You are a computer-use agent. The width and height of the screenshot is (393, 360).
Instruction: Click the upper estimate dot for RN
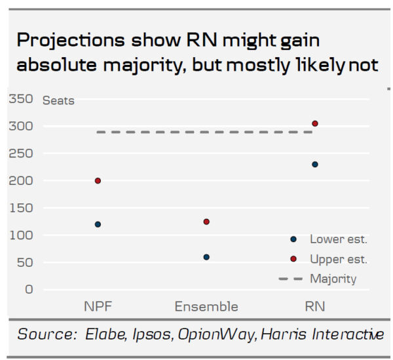(315, 123)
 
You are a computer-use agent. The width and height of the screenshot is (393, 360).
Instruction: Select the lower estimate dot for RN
(315, 164)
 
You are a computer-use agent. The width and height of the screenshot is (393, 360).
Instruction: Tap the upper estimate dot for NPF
(98, 180)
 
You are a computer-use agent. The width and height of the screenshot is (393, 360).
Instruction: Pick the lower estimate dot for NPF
(98, 224)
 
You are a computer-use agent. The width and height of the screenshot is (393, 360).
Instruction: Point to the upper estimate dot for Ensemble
(206, 222)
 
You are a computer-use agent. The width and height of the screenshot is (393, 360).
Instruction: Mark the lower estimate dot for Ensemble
(206, 257)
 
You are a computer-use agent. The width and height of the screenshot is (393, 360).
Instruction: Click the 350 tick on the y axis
(20, 98)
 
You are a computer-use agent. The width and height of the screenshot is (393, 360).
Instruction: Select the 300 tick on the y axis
(20, 126)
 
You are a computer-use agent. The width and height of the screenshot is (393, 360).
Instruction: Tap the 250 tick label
(20, 153)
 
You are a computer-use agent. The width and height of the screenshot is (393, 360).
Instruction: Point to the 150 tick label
(20, 208)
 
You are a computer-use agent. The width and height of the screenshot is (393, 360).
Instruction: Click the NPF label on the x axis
(97, 306)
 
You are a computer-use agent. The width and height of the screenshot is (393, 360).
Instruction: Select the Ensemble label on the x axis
(206, 306)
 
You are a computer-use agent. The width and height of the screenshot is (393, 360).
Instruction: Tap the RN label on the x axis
(314, 306)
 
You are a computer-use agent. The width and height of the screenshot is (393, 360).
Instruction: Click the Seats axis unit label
(58, 101)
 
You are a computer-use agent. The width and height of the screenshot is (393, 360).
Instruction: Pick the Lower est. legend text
(338, 239)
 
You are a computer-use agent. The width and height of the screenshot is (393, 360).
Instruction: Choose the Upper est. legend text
(338, 259)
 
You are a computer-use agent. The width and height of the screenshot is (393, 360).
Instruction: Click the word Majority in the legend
(333, 279)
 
